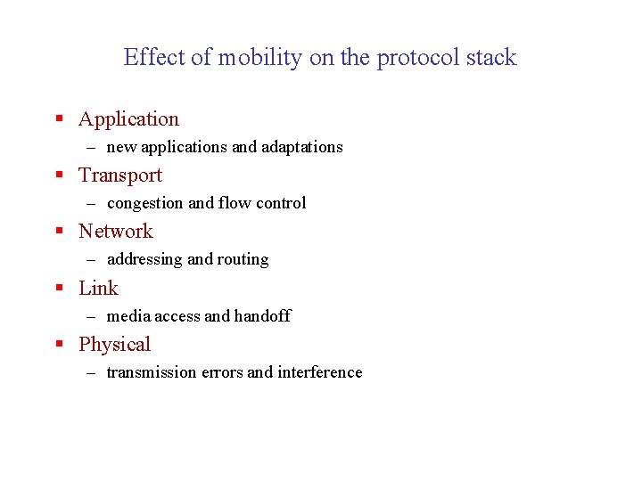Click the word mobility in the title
pos(261,58)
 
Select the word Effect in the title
pos(155,58)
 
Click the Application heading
pos(128,119)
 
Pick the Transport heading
pos(120,175)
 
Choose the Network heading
pos(116,232)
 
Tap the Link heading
pos(98,289)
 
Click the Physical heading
pos(114,345)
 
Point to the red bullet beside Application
pos(59,119)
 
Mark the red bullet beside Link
pos(59,289)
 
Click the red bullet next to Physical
pos(59,345)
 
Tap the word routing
pos(243,259)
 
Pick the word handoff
pos(262,316)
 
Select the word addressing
pos(144,259)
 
